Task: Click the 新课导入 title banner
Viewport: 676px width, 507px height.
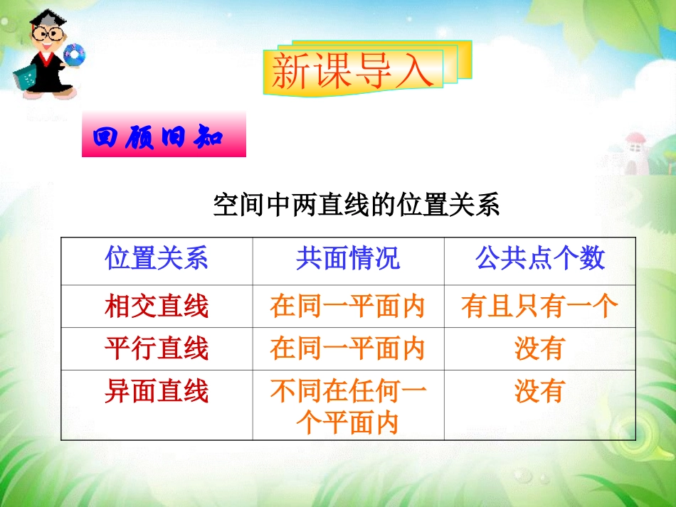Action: click(354, 71)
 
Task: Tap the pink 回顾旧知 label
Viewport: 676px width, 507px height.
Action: click(164, 135)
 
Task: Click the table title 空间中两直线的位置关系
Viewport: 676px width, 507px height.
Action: click(357, 206)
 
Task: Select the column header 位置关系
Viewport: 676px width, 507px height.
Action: click(157, 259)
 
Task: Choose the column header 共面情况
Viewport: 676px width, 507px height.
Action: click(348, 259)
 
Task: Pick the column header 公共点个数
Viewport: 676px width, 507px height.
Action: click(540, 259)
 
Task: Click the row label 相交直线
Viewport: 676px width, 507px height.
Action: click(157, 306)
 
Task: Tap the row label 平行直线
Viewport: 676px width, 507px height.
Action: click(157, 348)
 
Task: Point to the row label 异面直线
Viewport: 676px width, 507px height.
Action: click(157, 391)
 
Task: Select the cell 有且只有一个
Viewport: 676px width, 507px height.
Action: click(540, 306)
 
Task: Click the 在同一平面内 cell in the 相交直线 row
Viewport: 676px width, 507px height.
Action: click(348, 306)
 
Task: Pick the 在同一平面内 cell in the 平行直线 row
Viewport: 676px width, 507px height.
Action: click(348, 348)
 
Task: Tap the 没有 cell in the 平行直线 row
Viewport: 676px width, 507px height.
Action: click(540, 348)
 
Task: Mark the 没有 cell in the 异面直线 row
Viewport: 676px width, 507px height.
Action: click(540, 391)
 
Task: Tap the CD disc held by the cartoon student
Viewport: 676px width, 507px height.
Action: click(74, 54)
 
